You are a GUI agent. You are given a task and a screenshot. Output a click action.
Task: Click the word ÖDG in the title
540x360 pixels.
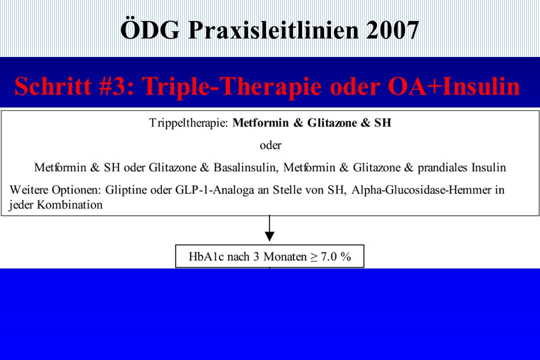click(x=150, y=29)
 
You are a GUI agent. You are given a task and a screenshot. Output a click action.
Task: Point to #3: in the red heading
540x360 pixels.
click(x=116, y=86)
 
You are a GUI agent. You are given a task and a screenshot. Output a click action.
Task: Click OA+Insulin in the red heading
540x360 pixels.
click(x=454, y=86)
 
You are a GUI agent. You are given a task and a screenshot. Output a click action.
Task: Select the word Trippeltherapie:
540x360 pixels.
click(x=188, y=123)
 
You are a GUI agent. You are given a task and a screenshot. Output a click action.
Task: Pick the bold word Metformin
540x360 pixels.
click(x=260, y=122)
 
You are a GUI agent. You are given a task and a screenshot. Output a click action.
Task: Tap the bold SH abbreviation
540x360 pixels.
click(x=382, y=122)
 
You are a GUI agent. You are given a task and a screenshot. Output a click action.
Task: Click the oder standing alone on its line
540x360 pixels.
click(x=270, y=145)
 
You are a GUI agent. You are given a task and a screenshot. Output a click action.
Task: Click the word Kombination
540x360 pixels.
click(x=69, y=205)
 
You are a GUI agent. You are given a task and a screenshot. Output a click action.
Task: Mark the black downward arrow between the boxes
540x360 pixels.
click(x=269, y=228)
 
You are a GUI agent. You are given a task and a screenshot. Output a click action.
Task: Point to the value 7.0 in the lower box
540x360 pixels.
click(x=328, y=256)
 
